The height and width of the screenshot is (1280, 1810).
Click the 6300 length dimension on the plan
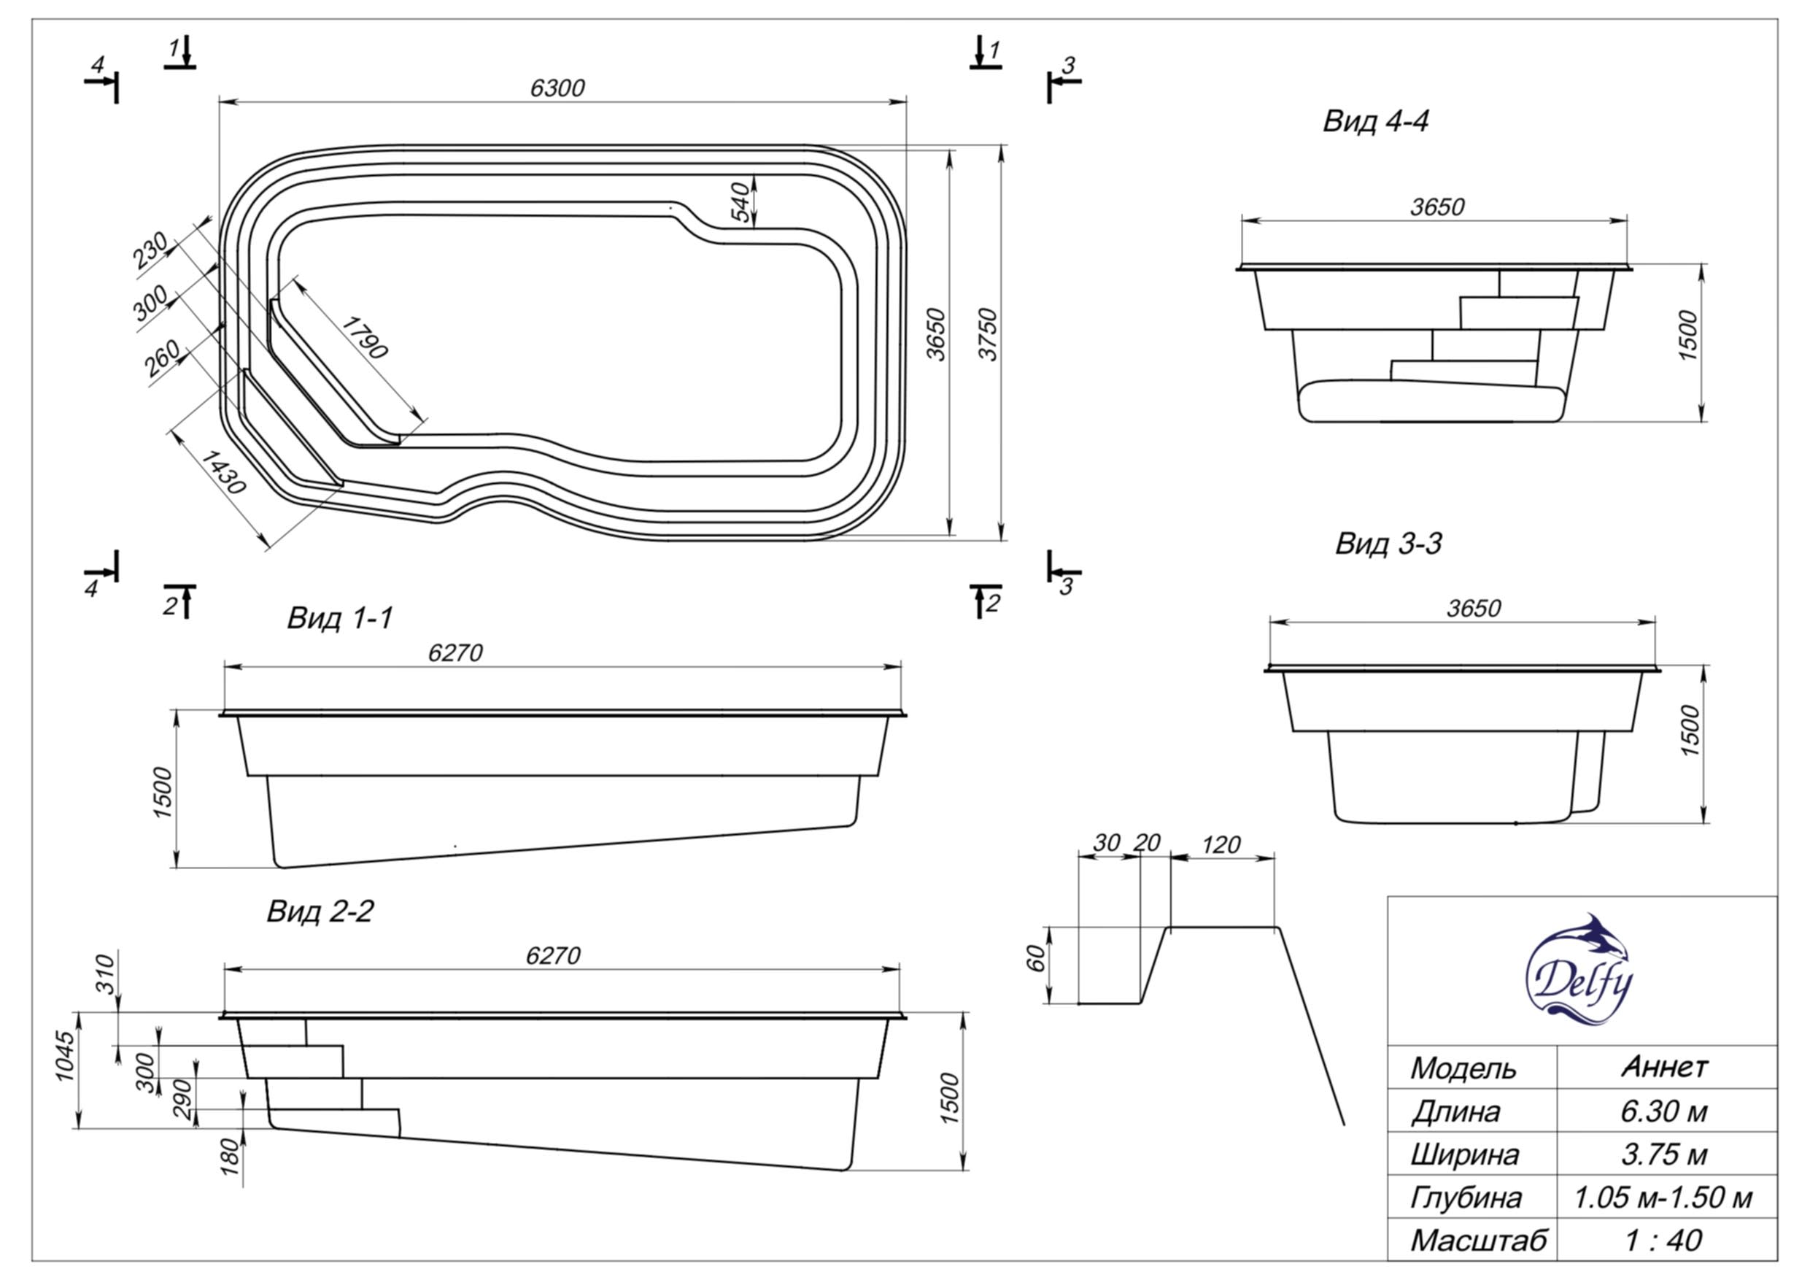tap(557, 88)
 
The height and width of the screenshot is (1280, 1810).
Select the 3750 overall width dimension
tap(988, 334)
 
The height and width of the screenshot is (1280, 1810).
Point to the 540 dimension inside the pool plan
tap(740, 202)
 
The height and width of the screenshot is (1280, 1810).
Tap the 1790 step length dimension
tap(365, 338)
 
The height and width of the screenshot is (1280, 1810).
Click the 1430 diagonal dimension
tap(223, 471)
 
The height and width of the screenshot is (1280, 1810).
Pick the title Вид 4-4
tap(1375, 121)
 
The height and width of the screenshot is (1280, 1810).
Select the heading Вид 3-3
tap(1388, 544)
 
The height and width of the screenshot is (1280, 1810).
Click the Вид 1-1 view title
tap(339, 617)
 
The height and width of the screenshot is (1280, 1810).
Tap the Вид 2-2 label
tap(320, 911)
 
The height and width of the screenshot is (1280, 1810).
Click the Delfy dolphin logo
tap(1579, 969)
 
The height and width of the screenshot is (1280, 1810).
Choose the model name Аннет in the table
tap(1664, 1067)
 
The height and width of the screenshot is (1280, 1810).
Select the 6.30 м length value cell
tap(1663, 1111)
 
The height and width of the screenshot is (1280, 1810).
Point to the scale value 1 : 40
tap(1663, 1241)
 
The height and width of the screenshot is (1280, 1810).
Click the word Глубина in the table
tap(1465, 1198)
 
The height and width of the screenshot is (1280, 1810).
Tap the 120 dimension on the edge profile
tap(1221, 844)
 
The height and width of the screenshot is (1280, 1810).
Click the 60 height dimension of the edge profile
tap(1037, 958)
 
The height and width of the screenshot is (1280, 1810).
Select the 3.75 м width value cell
tap(1663, 1154)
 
